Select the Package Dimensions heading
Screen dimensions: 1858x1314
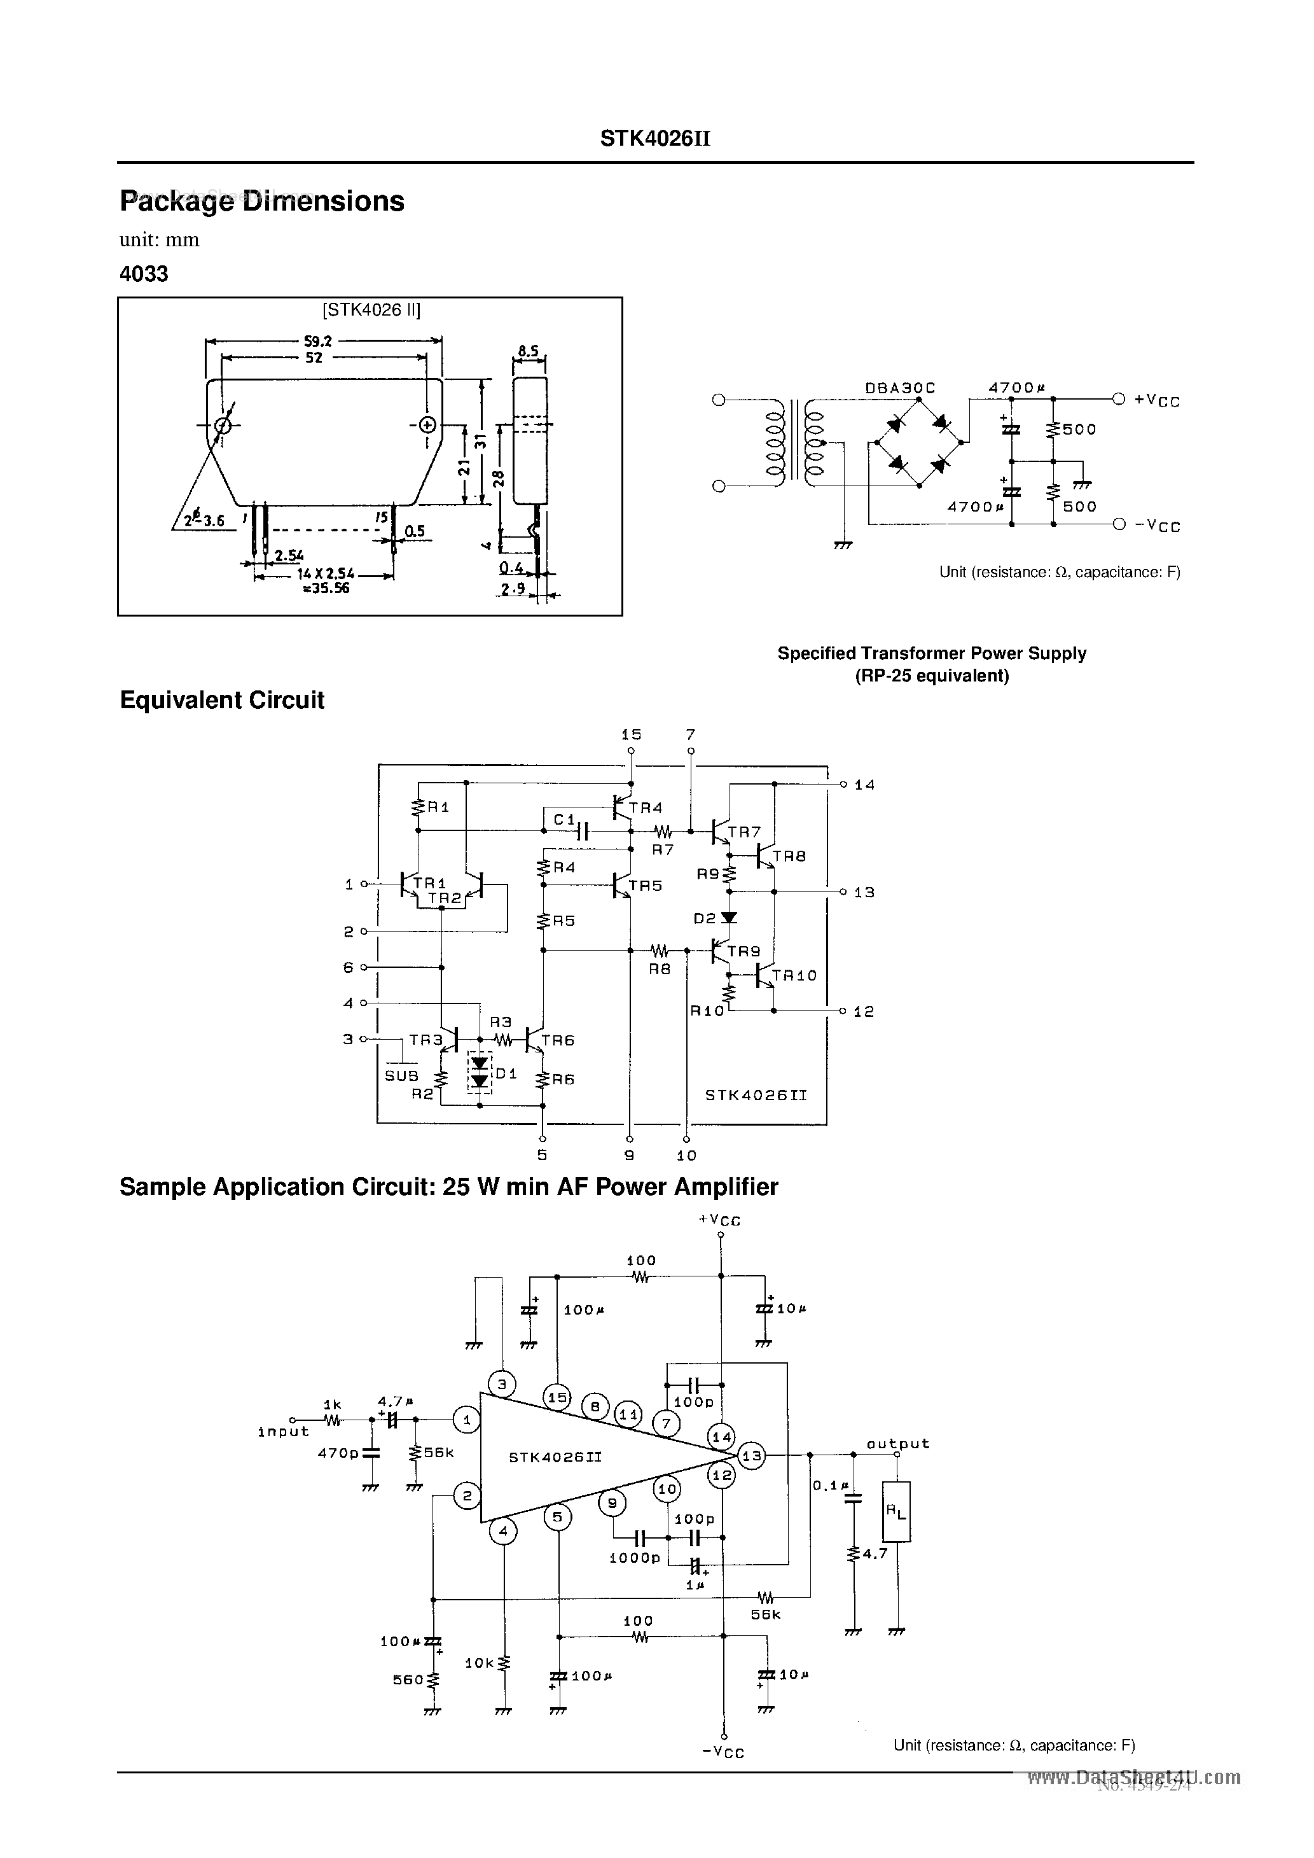pos(262,200)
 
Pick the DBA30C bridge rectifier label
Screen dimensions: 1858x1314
pos(900,388)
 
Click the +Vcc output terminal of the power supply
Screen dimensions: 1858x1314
pos(1118,399)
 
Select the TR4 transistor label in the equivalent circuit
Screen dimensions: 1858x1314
pos(646,807)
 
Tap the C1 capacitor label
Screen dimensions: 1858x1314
pos(564,820)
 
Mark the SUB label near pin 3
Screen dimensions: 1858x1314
pos(401,1075)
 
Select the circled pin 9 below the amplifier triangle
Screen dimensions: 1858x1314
pos(612,1504)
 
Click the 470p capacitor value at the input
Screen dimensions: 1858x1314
pos(338,1453)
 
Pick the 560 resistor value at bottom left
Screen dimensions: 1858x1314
pos(408,1680)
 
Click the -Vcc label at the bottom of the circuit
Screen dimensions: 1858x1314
pos(723,1752)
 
